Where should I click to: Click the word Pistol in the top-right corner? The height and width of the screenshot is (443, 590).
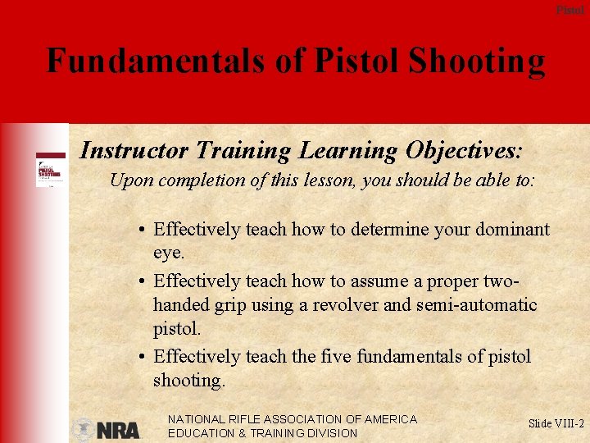click(x=570, y=10)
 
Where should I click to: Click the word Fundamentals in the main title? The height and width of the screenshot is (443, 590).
click(x=155, y=61)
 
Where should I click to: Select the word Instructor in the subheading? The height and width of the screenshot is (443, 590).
click(x=134, y=151)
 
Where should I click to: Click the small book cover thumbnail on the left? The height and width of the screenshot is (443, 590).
click(x=49, y=171)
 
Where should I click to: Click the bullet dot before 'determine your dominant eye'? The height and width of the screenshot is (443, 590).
click(x=143, y=231)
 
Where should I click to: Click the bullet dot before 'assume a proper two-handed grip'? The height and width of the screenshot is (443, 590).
click(x=143, y=281)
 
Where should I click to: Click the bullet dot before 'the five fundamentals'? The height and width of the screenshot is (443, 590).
click(x=143, y=357)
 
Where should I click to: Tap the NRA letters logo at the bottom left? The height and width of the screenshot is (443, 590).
click(x=119, y=430)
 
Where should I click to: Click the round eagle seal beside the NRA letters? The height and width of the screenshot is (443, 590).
click(x=84, y=430)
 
